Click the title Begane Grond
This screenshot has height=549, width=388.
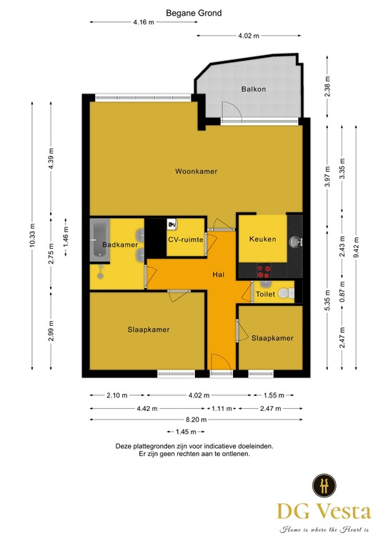pos(194,13)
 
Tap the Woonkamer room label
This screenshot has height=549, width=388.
pos(197,172)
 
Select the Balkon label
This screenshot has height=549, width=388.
pos(254,89)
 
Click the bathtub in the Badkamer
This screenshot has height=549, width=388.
pos(98,239)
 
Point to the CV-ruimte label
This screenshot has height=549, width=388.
pos(185,240)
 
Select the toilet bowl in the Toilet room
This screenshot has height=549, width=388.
pos(285,293)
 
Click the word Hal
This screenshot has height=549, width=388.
pos(219,274)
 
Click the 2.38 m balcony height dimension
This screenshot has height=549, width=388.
pos(327,86)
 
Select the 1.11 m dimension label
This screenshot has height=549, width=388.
pos(221,408)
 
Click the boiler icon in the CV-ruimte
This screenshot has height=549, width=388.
pos(171,223)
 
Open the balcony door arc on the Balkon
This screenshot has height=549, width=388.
pos(230,112)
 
